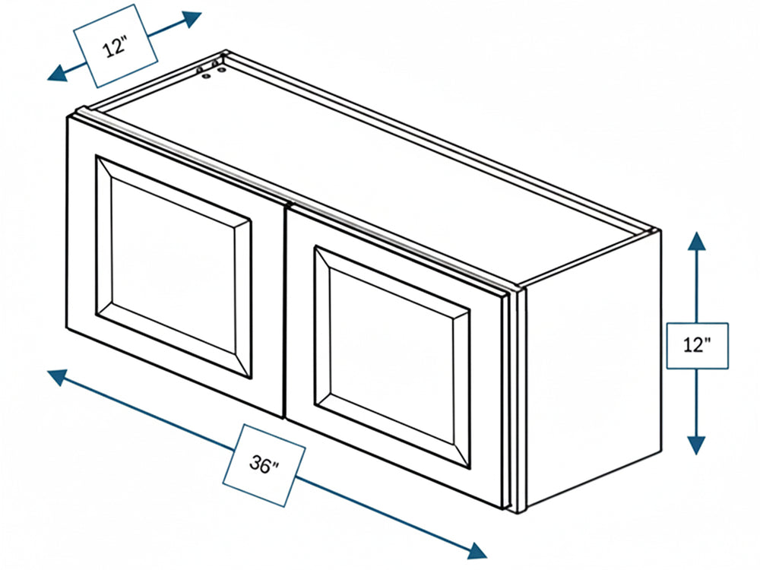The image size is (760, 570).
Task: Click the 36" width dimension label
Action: [264, 465]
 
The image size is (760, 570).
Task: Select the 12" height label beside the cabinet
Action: [697, 345]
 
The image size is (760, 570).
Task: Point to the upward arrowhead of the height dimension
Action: [696, 240]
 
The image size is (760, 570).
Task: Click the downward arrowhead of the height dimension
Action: [696, 445]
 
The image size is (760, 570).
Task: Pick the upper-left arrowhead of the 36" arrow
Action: [57, 377]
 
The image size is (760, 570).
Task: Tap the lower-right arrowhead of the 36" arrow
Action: [477, 549]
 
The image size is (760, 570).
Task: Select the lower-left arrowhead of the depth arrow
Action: [57, 73]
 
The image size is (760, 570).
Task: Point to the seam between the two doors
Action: [284, 312]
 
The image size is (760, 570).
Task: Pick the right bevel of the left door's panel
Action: [243, 299]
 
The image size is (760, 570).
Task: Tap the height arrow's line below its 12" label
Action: [696, 402]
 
